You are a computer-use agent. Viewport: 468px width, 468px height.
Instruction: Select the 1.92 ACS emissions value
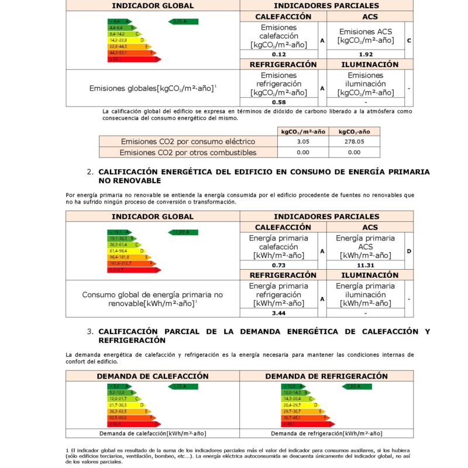click(366, 54)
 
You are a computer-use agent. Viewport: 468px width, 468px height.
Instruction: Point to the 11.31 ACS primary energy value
click(366, 264)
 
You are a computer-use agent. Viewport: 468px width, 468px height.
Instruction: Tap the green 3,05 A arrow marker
click(183, 22)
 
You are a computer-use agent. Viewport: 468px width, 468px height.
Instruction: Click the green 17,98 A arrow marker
click(183, 232)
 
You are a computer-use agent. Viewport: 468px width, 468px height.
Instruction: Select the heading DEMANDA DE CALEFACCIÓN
click(153, 376)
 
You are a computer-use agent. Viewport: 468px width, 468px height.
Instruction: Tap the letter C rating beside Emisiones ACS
click(408, 40)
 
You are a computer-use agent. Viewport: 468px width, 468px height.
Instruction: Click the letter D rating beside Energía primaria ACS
click(408, 250)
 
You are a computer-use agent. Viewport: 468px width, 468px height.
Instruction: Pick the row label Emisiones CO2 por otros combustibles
click(188, 152)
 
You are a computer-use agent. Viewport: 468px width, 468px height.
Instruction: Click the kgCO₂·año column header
click(354, 132)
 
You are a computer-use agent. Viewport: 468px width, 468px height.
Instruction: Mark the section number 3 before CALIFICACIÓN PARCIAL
click(90, 331)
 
